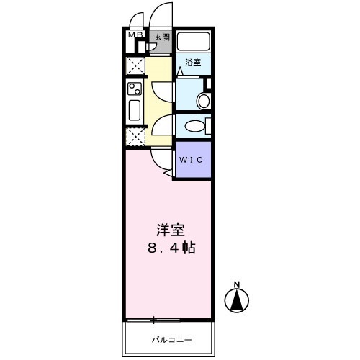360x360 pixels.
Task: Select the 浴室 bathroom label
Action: (x=192, y=62)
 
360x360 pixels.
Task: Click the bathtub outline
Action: (x=193, y=42)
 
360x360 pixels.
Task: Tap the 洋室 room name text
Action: (x=170, y=232)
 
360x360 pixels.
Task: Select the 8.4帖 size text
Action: (x=170, y=249)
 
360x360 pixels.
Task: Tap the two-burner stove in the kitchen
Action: (x=135, y=90)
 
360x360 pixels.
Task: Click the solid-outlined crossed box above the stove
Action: (x=135, y=66)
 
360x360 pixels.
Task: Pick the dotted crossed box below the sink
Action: (x=135, y=137)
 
